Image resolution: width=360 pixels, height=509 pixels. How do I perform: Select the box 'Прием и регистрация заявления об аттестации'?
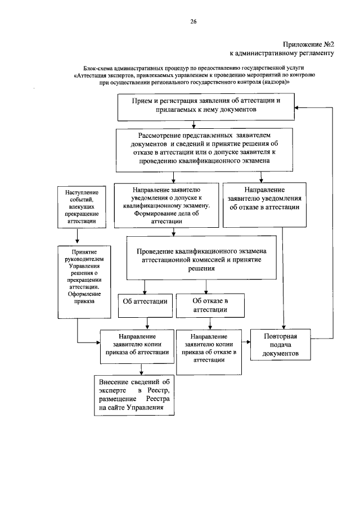point(206,105)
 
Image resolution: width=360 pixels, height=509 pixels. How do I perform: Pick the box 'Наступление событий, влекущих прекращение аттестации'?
point(78,208)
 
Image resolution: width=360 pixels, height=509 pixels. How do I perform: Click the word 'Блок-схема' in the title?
point(98,66)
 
